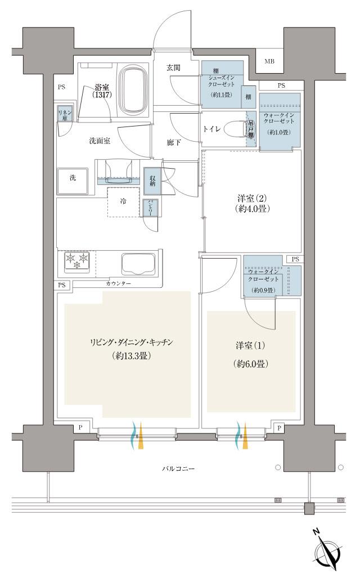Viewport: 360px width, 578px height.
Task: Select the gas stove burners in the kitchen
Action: point(76,261)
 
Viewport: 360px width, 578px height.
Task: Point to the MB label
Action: point(270,61)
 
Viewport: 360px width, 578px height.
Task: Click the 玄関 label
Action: point(173,67)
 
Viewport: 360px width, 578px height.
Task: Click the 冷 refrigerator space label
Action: point(122,201)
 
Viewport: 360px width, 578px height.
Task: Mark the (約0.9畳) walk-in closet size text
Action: point(263,290)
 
